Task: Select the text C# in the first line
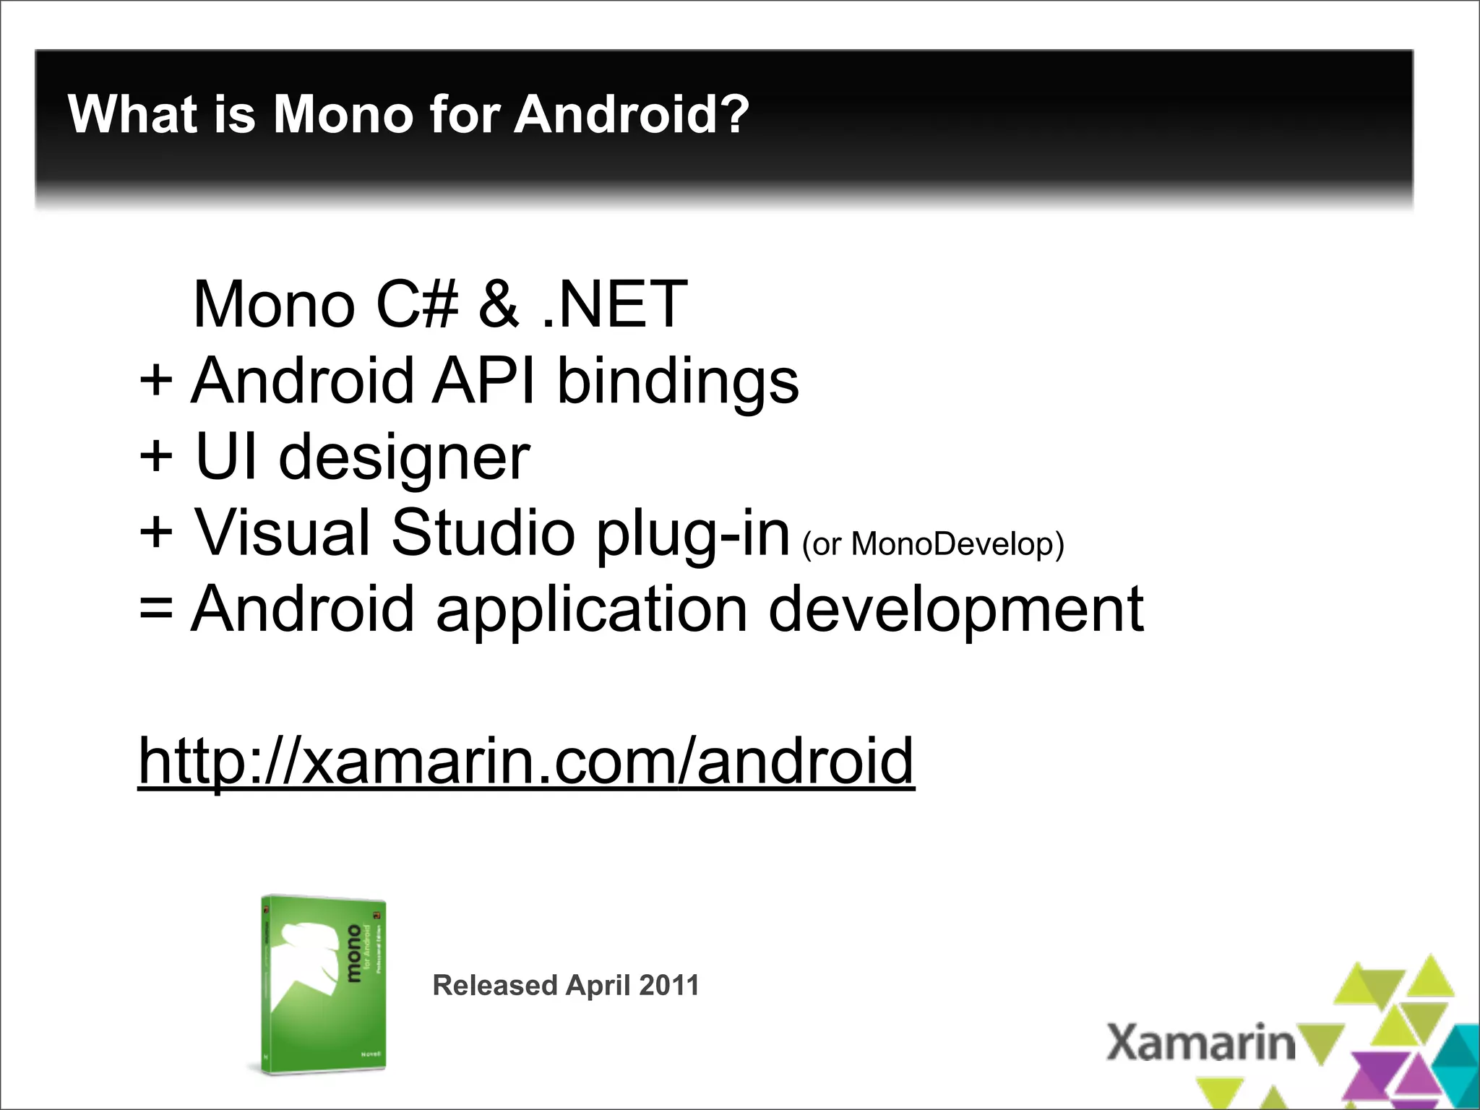click(x=417, y=304)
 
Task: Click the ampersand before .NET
click(x=499, y=304)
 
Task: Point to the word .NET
click(x=614, y=304)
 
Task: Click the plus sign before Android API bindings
click(x=156, y=381)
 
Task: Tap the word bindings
click(x=678, y=381)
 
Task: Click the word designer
click(x=405, y=458)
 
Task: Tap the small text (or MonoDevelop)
click(x=933, y=544)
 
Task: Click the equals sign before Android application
click(x=156, y=609)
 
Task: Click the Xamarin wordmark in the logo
click(x=1200, y=1043)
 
